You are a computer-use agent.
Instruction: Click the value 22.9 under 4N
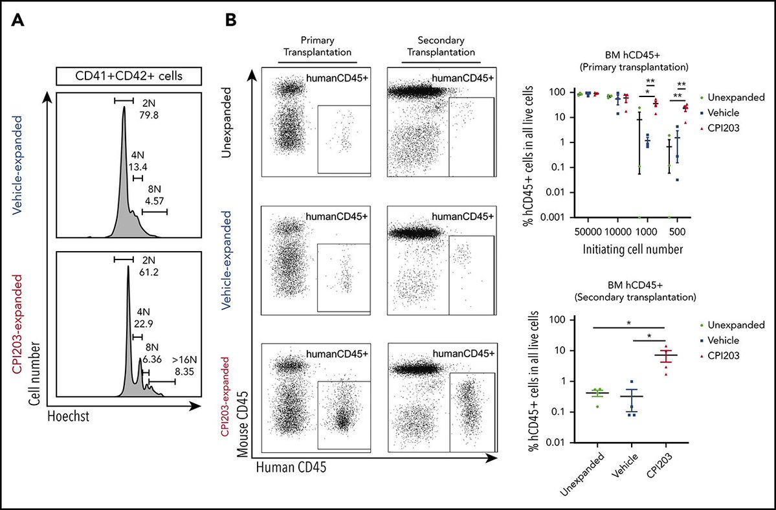[142, 325]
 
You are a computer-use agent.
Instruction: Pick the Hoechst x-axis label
[68, 418]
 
